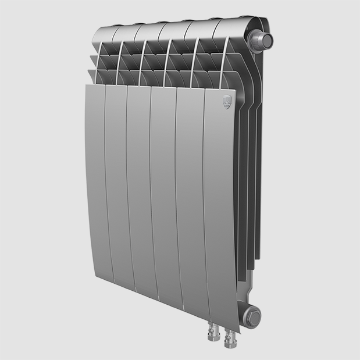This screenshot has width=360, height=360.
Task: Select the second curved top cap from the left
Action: point(128,33)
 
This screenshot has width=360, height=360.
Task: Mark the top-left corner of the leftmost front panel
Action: point(86,85)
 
